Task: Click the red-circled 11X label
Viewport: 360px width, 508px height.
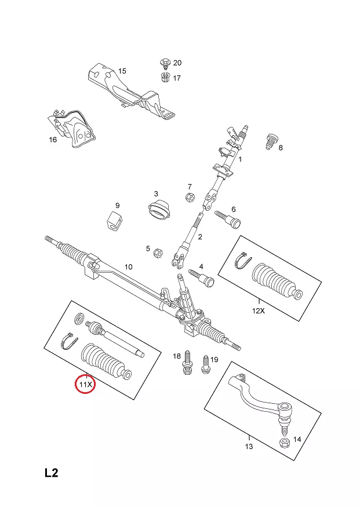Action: tap(86, 384)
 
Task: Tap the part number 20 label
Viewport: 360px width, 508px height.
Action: tap(177, 63)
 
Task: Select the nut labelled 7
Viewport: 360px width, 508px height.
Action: tap(189, 198)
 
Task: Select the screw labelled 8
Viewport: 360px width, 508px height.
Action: tap(270, 141)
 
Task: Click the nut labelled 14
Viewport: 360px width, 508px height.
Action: tap(285, 443)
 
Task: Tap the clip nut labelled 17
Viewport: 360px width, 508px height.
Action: tap(164, 77)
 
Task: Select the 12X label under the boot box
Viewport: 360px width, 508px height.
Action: tap(258, 310)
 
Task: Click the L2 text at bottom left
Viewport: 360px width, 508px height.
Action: tap(52, 473)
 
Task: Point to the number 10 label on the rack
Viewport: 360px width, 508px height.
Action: tap(129, 267)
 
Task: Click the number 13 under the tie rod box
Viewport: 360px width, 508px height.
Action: tap(249, 446)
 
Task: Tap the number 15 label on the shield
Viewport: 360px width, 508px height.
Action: tap(122, 71)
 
